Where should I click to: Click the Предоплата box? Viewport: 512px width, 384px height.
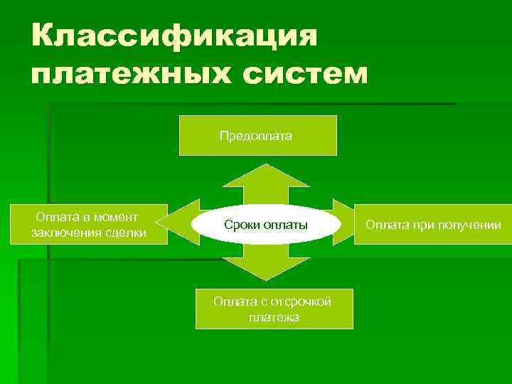[x=257, y=135]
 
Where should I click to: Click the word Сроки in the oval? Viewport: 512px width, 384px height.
[x=240, y=225]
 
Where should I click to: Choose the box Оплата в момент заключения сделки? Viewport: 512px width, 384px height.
[x=88, y=225]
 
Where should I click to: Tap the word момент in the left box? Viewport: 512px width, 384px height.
[x=114, y=216]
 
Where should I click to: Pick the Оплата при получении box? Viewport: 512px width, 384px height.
[x=433, y=225]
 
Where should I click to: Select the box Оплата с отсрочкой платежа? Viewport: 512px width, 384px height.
[x=274, y=309]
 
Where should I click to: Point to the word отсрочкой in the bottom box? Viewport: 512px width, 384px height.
[x=302, y=301]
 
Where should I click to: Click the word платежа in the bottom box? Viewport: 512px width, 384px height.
[x=274, y=317]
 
